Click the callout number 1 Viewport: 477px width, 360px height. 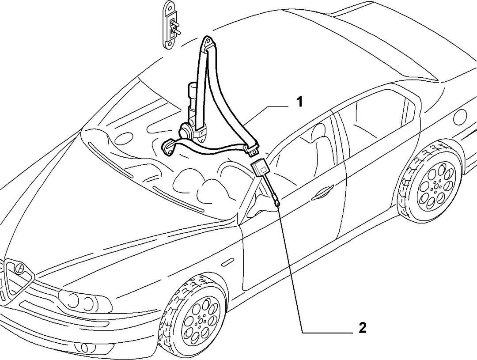tap(299, 102)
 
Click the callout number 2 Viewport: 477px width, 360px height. tap(362, 328)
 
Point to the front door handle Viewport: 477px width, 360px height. tap(323, 192)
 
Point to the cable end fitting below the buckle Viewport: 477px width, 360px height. tap(277, 202)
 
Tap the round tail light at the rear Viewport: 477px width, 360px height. tap(460, 117)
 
